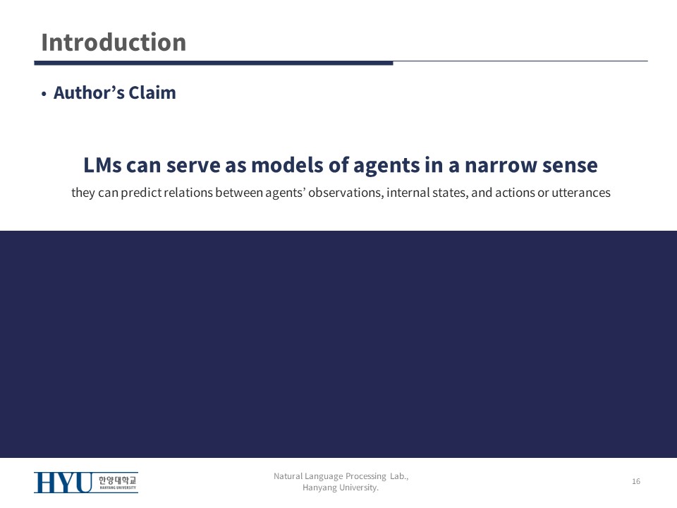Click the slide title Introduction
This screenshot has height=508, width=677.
114,42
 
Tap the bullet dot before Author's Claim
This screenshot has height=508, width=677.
44,94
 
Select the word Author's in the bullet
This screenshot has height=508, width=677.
89,92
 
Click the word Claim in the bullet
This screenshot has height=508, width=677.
152,92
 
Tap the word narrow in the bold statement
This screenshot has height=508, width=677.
501,165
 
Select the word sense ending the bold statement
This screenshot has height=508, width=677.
570,165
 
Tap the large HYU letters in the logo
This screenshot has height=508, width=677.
63,483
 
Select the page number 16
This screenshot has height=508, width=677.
636,481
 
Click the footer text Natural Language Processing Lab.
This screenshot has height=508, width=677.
341,476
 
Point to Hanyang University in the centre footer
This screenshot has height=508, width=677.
340,488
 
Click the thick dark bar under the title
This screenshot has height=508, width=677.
214,63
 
